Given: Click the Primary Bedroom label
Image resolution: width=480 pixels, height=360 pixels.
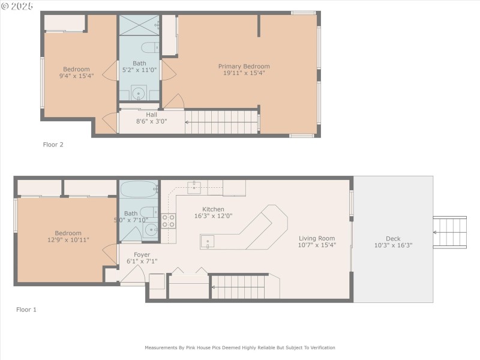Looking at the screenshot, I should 244,67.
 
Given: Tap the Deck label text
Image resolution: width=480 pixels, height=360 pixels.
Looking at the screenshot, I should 393,238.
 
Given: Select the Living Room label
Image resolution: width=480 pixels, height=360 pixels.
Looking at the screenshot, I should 317,238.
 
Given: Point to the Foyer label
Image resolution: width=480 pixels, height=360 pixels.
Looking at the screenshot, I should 142,254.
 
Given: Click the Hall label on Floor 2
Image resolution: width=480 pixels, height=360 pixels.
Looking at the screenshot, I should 151,114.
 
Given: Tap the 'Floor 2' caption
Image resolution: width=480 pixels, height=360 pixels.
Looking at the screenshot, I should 53,145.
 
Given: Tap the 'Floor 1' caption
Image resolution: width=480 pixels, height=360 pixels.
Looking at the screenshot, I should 26,310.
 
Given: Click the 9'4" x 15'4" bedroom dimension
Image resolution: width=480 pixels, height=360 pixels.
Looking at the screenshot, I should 77,76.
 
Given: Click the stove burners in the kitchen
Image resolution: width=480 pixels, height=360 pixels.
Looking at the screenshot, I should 169,221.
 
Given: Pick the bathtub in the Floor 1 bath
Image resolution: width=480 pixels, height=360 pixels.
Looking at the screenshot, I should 139,190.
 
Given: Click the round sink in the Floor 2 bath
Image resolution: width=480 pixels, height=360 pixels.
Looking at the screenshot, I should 139,93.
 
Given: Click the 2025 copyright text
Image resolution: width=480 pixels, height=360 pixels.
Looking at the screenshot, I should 18,5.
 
